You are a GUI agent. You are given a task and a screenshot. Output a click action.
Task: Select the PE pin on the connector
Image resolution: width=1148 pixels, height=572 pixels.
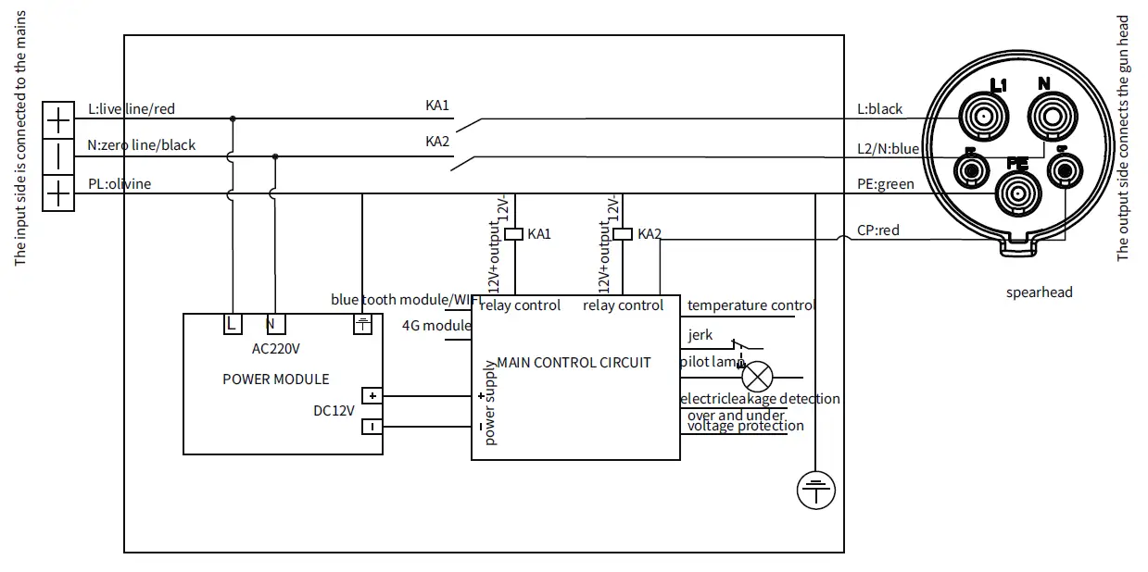[1017, 193]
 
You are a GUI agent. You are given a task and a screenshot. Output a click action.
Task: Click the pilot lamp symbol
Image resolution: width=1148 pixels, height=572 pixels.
[758, 378]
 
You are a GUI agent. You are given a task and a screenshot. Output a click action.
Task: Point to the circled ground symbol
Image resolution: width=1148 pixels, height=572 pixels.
[816, 490]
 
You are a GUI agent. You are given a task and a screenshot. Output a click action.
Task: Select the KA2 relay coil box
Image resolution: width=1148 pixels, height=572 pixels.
[624, 233]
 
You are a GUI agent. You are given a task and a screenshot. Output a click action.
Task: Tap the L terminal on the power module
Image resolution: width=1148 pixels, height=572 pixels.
[232, 324]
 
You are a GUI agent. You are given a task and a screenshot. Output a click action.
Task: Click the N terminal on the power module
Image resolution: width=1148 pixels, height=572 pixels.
[274, 324]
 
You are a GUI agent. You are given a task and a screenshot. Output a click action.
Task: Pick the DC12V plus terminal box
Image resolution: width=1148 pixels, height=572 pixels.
[372, 396]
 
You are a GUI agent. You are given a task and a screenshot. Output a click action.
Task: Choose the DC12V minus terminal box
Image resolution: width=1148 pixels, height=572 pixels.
[372, 427]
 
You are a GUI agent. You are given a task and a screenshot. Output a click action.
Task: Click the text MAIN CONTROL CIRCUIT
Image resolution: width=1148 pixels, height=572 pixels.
[574, 363]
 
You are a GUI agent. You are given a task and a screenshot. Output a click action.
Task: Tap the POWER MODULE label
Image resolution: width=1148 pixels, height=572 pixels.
[276, 379]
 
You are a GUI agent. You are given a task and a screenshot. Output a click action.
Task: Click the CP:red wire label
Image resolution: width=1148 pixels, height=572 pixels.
[878, 230]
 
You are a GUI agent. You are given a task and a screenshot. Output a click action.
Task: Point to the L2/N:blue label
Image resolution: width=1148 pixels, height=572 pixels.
[888, 148]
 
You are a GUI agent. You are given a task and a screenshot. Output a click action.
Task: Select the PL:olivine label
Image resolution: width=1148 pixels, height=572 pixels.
[120, 183]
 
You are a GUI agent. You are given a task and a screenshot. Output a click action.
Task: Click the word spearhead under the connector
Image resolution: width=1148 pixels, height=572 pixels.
[1039, 292]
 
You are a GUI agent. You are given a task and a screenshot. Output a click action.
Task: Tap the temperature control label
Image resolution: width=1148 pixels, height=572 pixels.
[751, 305]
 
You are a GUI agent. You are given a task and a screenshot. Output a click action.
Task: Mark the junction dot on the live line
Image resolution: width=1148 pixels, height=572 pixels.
[232, 118]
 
